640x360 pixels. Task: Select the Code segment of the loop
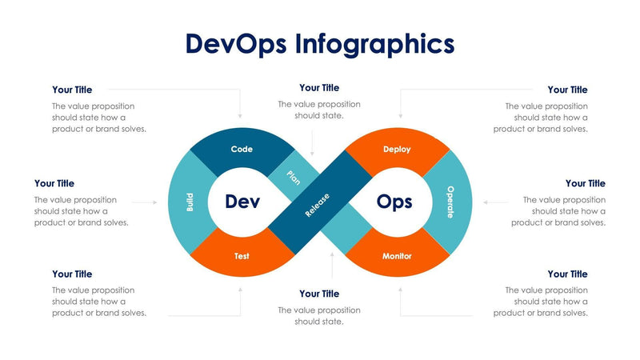coord(242,149)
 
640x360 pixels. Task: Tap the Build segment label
coord(190,202)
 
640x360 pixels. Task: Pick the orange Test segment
coord(242,256)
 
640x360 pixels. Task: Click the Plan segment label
coord(294,177)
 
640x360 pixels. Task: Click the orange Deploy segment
coord(397,149)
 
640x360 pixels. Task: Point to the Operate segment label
coord(450,202)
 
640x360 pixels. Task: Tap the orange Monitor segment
coord(397,256)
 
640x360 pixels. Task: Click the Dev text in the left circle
coord(242,202)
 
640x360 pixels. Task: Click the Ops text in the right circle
coord(394,202)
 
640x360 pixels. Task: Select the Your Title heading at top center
coord(319,88)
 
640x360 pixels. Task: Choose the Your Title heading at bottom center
coord(319,294)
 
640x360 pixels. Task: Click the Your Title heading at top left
coord(72,90)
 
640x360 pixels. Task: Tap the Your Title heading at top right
coord(567,90)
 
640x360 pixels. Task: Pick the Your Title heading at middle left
coord(54,183)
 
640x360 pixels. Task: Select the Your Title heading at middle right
coord(586,183)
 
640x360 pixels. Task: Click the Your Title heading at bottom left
coord(72,274)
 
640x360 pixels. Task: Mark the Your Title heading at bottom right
coord(567,274)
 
